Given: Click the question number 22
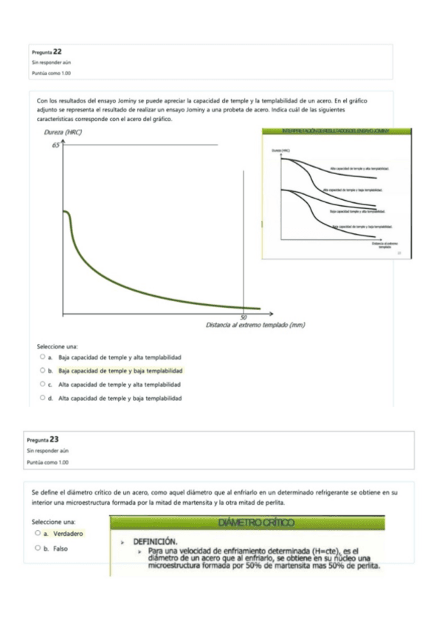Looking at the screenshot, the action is [x=57, y=51].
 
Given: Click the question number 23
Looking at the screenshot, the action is [x=54, y=438].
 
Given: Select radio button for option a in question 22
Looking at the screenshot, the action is [x=43, y=357].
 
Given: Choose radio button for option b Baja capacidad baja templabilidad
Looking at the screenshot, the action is [x=43, y=371].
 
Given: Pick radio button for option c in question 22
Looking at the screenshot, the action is [x=43, y=385].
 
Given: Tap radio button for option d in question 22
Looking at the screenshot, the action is [x=43, y=399].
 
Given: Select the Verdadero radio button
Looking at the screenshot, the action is [x=37, y=532].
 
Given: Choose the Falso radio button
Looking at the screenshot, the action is [x=37, y=548].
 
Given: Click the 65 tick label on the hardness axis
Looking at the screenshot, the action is [x=55, y=145].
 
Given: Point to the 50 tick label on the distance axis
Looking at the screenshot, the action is [x=244, y=316].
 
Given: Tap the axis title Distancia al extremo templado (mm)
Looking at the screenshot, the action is [x=255, y=325].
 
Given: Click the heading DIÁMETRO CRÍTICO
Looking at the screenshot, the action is [x=256, y=523].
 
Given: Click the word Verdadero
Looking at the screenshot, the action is [x=64, y=533].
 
